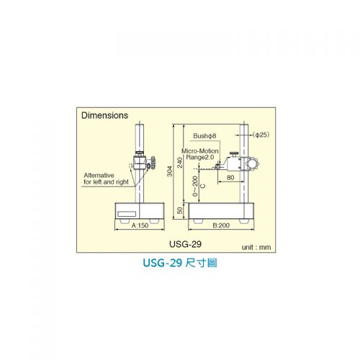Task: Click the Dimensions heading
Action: (104, 115)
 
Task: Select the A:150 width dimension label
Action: (140, 225)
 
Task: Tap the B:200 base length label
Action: (221, 225)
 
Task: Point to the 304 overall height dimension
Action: (170, 171)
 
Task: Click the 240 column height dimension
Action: (180, 163)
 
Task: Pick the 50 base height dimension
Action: (180, 210)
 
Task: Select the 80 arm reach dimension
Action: (230, 178)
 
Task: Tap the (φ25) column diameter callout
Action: (261, 135)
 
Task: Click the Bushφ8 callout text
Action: (204, 136)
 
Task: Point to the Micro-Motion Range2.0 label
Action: (200, 154)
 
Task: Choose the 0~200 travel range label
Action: (195, 186)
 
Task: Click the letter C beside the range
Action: (203, 186)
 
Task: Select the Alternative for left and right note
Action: (106, 179)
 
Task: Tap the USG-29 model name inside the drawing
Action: (185, 244)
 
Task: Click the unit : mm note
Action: (256, 247)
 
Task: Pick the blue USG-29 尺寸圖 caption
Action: (180, 263)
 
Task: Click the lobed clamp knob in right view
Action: (252, 164)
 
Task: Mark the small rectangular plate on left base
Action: (127, 214)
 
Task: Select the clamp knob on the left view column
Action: (153, 163)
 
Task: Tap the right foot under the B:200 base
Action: (244, 221)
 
